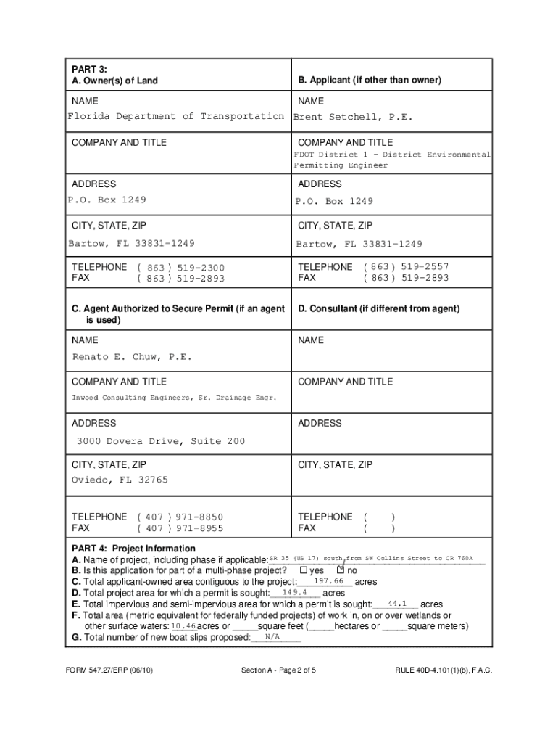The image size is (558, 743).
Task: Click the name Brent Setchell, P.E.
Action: point(352,117)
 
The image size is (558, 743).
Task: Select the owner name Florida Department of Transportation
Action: point(175,116)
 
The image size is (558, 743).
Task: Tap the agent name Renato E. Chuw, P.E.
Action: point(132,357)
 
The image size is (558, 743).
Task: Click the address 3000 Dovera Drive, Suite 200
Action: point(161,441)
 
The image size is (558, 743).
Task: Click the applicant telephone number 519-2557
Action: point(422,266)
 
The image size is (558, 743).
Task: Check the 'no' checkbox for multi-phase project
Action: point(341,570)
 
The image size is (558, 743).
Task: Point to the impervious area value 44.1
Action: point(398,604)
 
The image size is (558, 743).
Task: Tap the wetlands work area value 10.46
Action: point(183,626)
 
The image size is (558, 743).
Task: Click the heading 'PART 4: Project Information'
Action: point(133,549)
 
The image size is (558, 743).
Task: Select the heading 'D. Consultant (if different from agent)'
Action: point(378,309)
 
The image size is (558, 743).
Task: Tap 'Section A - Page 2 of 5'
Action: point(278,670)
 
